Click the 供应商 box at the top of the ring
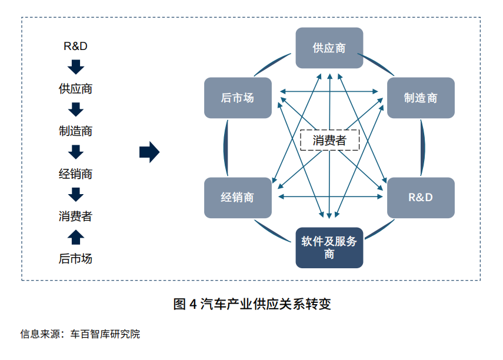329,48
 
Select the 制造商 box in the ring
421,98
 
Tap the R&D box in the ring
421,197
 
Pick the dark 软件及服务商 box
329,248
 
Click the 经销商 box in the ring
238,197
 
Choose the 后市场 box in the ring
238,98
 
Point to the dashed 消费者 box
329,140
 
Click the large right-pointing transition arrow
149,152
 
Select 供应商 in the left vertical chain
75,89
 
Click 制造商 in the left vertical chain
75,131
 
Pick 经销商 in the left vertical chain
75,174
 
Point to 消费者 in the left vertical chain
75,216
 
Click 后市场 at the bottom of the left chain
75,258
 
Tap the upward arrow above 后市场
76,237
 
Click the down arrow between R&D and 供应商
76,67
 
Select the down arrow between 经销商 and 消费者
76,195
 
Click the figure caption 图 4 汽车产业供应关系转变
252,304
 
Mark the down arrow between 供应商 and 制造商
76,110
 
